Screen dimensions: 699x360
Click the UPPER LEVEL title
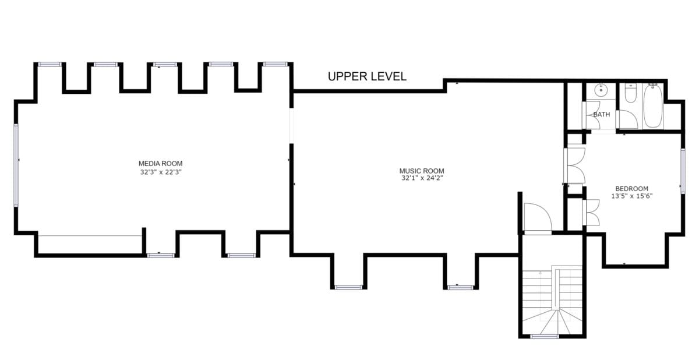[367, 76]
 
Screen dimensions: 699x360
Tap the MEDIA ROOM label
[160, 164]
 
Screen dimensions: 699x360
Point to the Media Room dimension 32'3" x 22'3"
[161, 172]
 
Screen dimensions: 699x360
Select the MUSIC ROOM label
[422, 171]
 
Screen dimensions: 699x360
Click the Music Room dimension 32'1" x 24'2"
[422, 178]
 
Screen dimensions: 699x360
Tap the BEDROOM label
[631, 189]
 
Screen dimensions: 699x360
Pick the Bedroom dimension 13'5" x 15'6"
[632, 196]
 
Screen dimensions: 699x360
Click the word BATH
[601, 115]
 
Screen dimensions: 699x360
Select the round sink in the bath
[601, 90]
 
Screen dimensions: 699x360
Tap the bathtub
[653, 105]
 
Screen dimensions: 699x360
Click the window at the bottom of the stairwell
[545, 336]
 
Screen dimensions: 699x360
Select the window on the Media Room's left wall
[16, 165]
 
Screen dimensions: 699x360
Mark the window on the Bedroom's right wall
[683, 171]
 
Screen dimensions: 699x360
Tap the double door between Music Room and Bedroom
[575, 165]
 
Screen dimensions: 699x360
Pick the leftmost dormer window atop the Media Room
[50, 64]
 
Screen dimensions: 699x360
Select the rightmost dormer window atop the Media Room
[275, 64]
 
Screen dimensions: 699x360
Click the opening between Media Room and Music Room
[291, 126]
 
